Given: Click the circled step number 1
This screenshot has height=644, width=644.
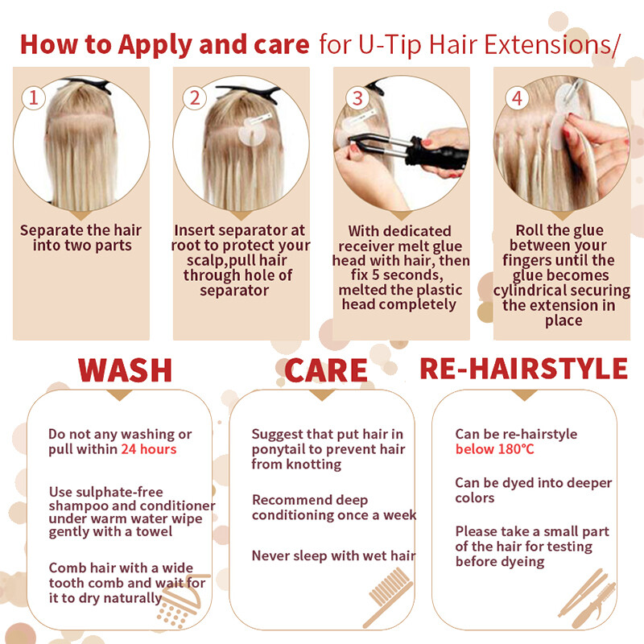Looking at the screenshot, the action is coord(33,97).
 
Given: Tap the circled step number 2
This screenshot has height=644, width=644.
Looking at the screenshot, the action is coord(194,97).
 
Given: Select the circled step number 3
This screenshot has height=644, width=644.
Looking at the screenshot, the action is coord(357,98).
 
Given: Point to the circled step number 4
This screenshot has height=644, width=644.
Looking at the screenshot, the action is coord(517,98).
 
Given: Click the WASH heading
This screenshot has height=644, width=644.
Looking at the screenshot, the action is coord(125,370).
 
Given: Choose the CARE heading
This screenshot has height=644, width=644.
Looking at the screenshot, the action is coord(326,370).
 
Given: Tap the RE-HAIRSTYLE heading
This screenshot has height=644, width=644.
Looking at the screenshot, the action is coord(524,369).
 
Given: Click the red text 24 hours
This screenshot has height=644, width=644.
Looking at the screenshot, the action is coord(149,449).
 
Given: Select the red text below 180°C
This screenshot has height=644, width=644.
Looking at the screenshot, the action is coord(495,449).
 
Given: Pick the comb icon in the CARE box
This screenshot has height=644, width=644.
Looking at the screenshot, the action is coord(388,598).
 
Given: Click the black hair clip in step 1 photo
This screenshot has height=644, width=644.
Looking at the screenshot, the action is coord(89,85).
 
